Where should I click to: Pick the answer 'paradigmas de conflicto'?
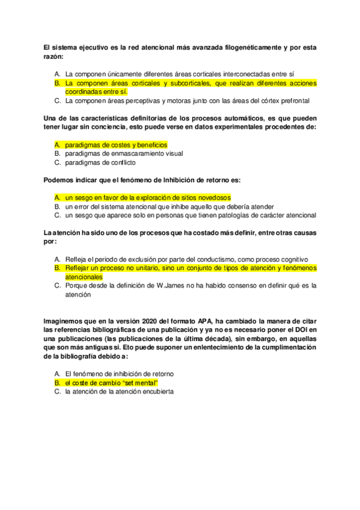click(100, 162)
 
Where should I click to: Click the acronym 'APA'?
click(207, 321)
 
